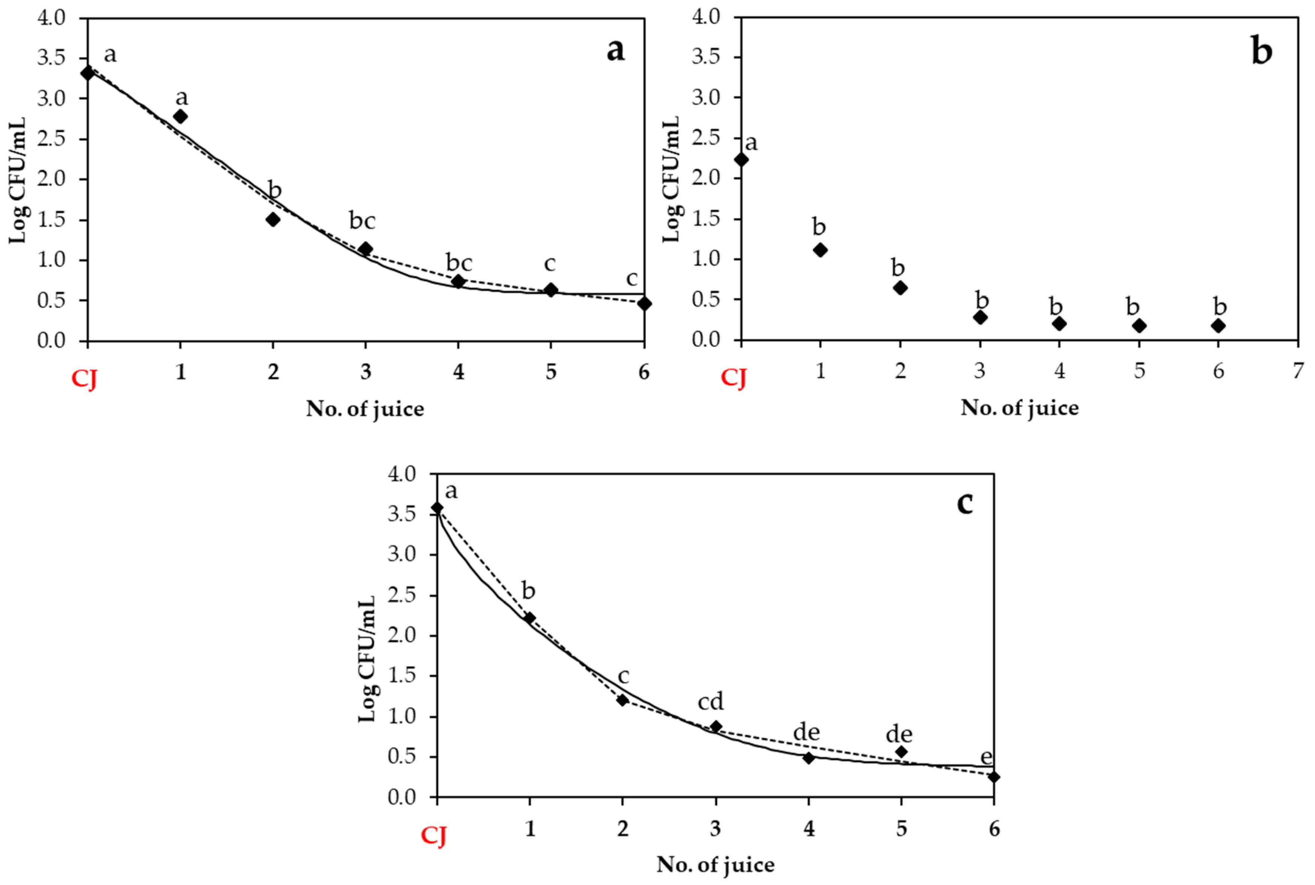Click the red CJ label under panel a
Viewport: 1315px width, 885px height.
[x=84, y=379]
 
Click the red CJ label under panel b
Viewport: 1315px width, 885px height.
[x=734, y=378]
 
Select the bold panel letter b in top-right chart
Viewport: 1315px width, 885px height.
[x=1261, y=51]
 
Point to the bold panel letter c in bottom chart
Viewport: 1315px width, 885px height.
[x=965, y=502]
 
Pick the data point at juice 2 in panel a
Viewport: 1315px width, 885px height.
[x=273, y=220]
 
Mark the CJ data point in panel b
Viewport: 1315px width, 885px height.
[x=741, y=160]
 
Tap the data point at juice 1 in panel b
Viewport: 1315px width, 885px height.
[x=821, y=250]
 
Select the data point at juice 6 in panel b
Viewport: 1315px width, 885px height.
[x=1218, y=326]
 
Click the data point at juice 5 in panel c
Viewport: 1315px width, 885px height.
[x=901, y=752]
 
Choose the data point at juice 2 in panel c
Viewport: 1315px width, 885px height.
[x=622, y=700]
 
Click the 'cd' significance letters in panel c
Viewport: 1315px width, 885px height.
[x=710, y=701]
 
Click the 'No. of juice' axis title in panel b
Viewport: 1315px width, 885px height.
[x=1019, y=408]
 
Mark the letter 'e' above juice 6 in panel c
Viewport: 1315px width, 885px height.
[x=986, y=757]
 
